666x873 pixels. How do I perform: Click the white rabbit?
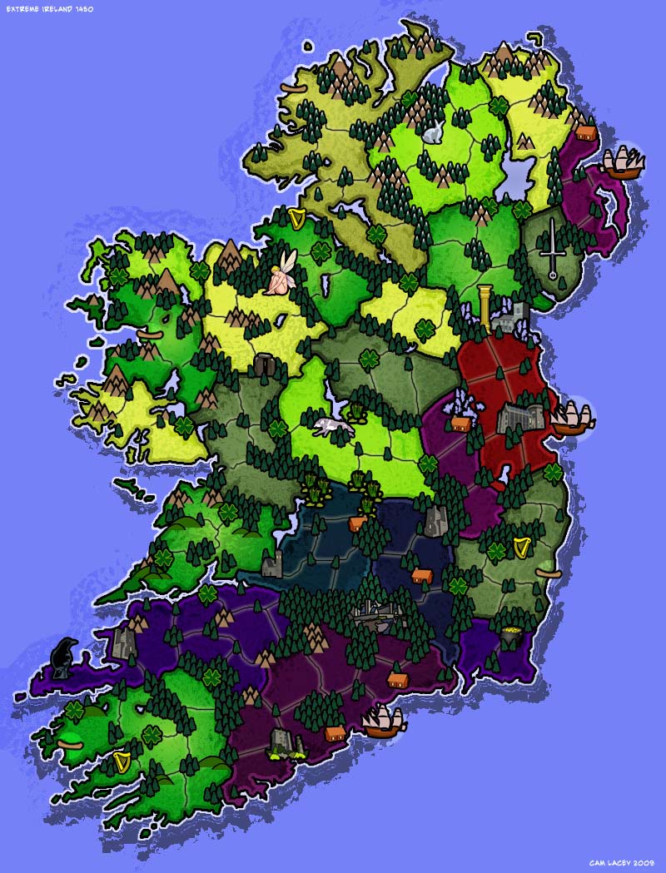433,131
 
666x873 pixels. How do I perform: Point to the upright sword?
550,246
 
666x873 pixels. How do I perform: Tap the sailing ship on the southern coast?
382,721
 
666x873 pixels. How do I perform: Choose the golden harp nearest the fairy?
296,219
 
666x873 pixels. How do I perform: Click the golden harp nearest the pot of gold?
523,547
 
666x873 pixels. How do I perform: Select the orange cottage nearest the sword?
586,132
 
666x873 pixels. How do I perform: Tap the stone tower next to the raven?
124,642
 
